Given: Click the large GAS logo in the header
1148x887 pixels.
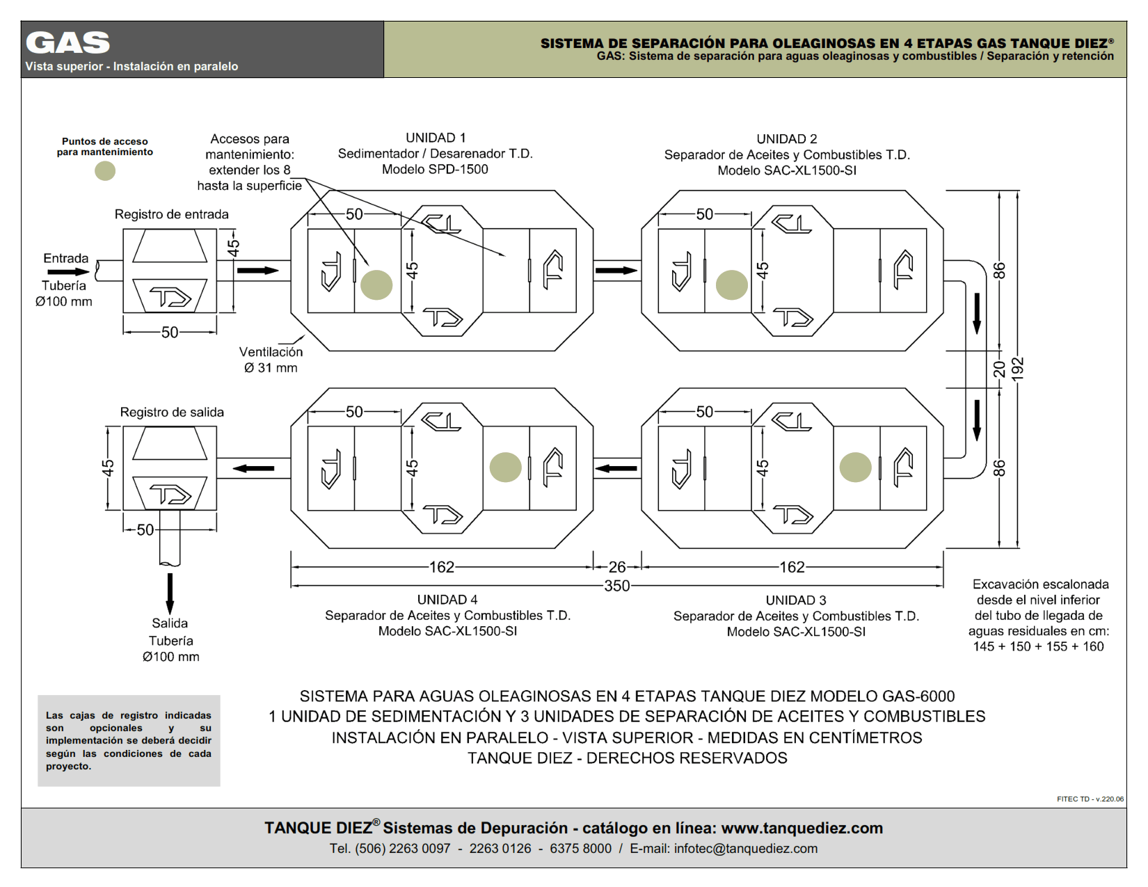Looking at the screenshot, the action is coord(67,43).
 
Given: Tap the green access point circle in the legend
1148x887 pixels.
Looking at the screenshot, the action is coord(104,170).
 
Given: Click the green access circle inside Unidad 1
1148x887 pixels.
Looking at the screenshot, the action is coord(376,285).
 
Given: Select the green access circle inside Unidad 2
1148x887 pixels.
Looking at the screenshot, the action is coord(732,285).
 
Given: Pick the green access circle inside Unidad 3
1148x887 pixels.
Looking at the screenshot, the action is coord(855,467).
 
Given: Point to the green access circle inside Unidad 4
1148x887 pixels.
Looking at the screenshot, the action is coord(506,467).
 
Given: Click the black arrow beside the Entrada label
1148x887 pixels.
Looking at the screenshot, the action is coord(69,272).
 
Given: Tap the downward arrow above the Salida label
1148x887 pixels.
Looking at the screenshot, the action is coord(170,593).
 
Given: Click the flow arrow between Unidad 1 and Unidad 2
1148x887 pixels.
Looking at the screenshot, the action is coord(616,271).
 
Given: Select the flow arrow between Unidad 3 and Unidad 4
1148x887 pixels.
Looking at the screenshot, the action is coord(616,468).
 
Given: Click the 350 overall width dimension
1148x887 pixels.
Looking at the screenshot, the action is coord(617,586).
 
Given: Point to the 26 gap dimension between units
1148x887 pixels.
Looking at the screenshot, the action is coord(617,567).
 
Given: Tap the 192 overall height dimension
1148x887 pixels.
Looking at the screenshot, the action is coord(1017,369).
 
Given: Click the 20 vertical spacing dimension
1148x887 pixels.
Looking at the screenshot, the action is coord(999,369).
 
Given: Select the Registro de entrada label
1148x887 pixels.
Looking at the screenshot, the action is coord(172,214).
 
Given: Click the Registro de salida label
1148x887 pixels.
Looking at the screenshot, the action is coord(172,412).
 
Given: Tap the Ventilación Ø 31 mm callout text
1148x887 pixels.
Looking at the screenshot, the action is coord(271,360).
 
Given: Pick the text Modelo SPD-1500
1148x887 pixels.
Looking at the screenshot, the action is coord(435,169).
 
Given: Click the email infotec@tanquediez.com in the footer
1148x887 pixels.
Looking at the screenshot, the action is coord(746,849).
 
